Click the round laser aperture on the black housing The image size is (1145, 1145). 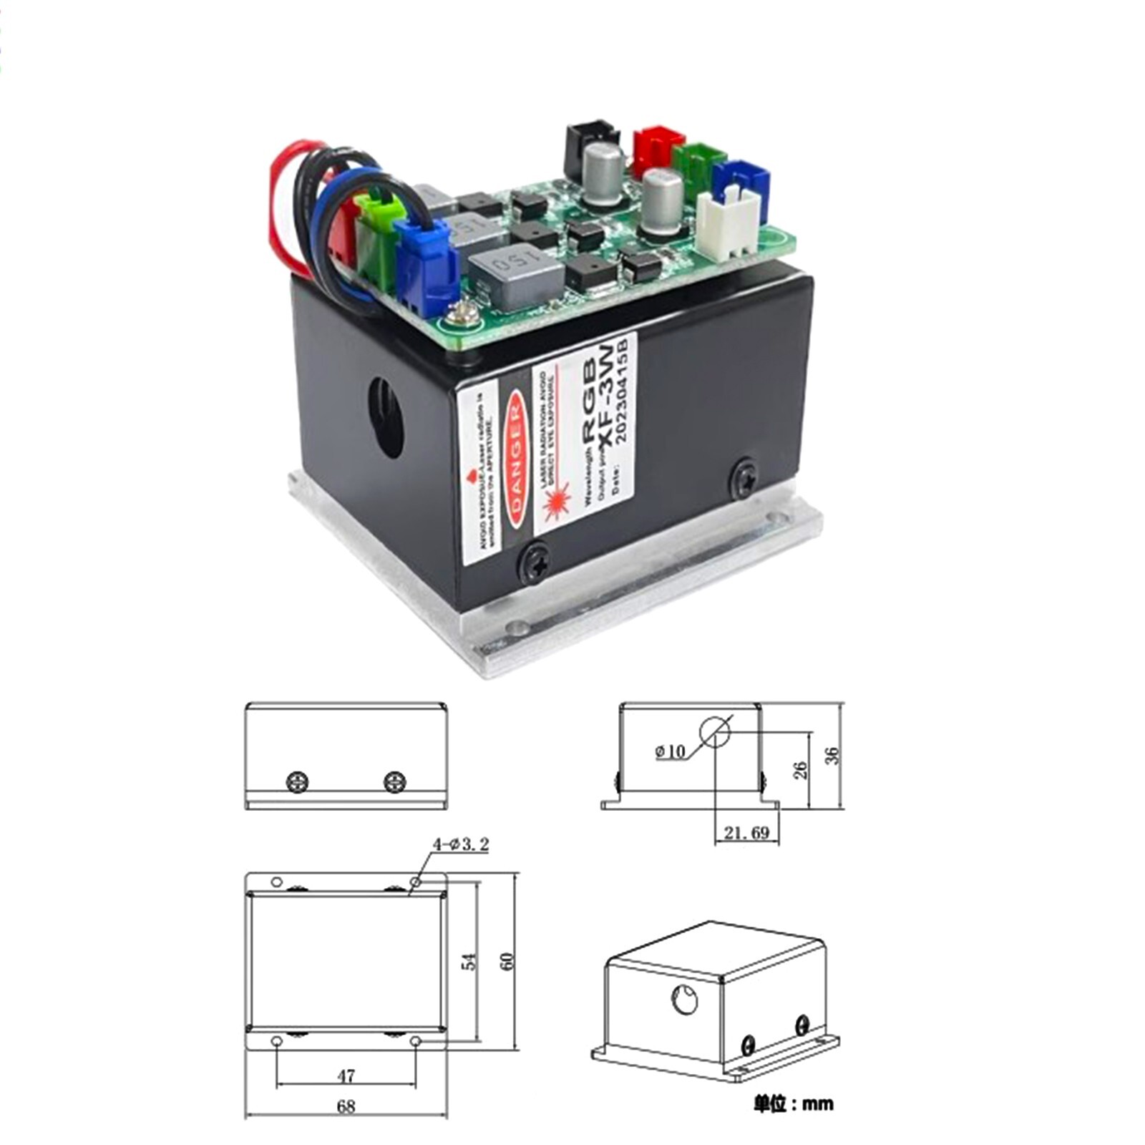click(x=386, y=418)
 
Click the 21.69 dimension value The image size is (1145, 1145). click(x=746, y=832)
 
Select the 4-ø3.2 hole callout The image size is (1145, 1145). click(x=461, y=844)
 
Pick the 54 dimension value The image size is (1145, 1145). click(x=469, y=960)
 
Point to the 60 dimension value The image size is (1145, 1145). click(x=507, y=960)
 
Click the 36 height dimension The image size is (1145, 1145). click(x=832, y=756)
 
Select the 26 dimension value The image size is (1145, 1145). click(x=801, y=769)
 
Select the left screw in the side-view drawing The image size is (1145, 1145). click(x=297, y=781)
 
